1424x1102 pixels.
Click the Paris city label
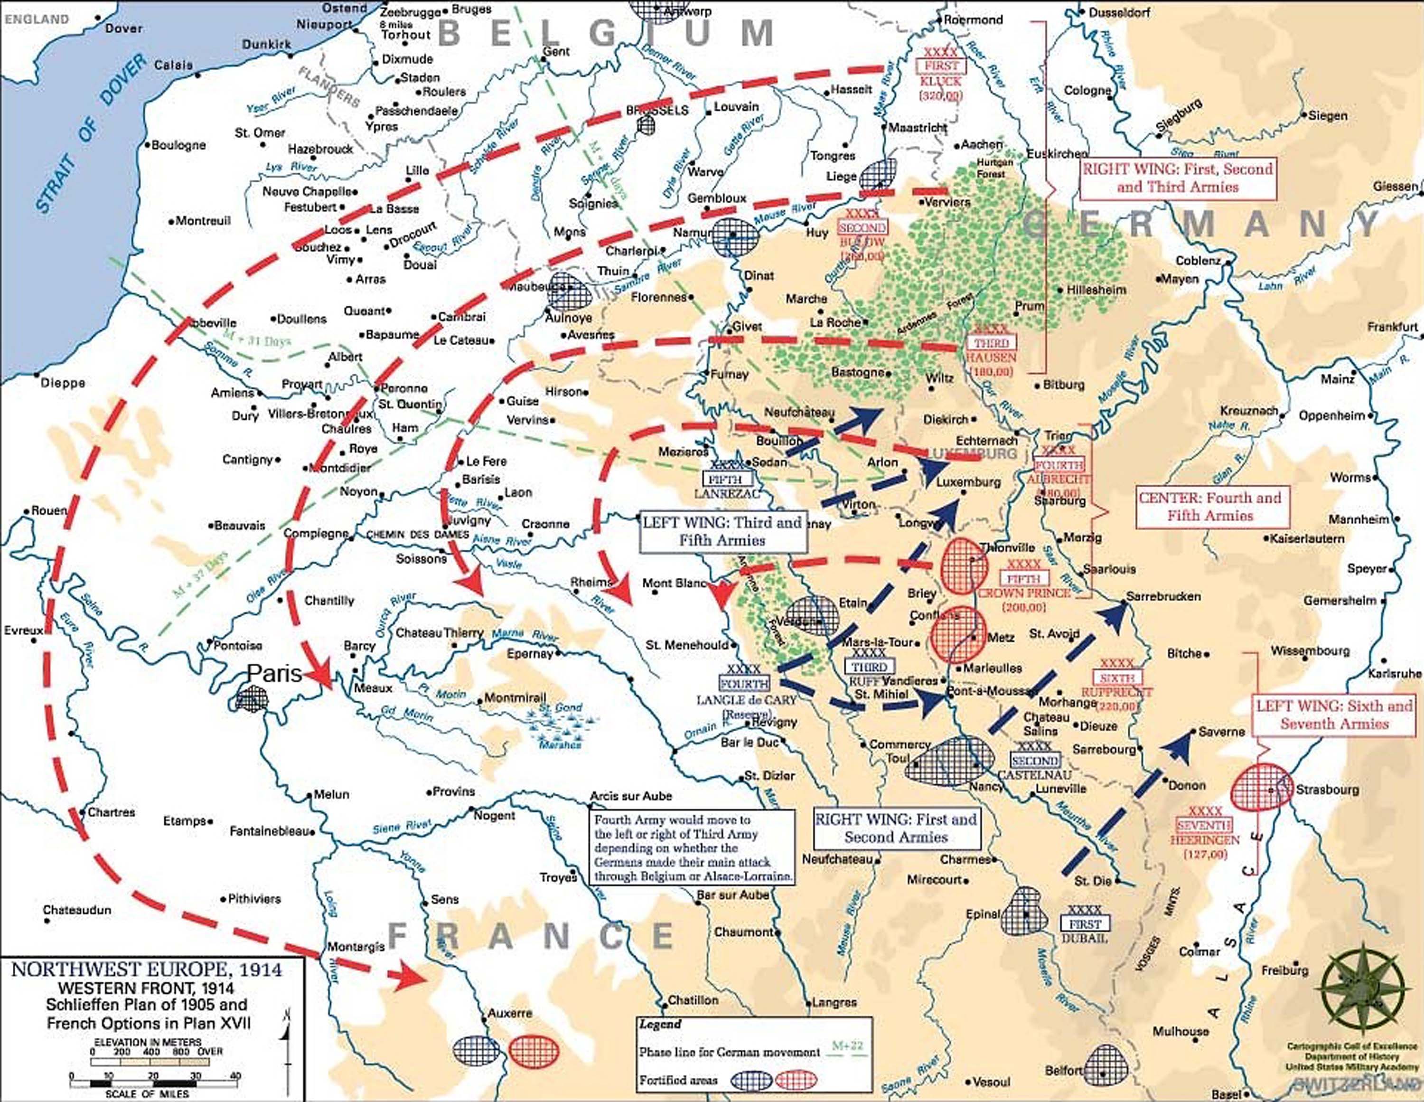click(274, 673)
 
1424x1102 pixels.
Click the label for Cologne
click(1087, 91)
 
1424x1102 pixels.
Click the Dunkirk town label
click(266, 44)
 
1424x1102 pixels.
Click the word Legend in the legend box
click(660, 1025)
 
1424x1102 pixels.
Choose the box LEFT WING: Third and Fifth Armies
click(722, 531)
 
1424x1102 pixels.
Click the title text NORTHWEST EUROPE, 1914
click(147, 970)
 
